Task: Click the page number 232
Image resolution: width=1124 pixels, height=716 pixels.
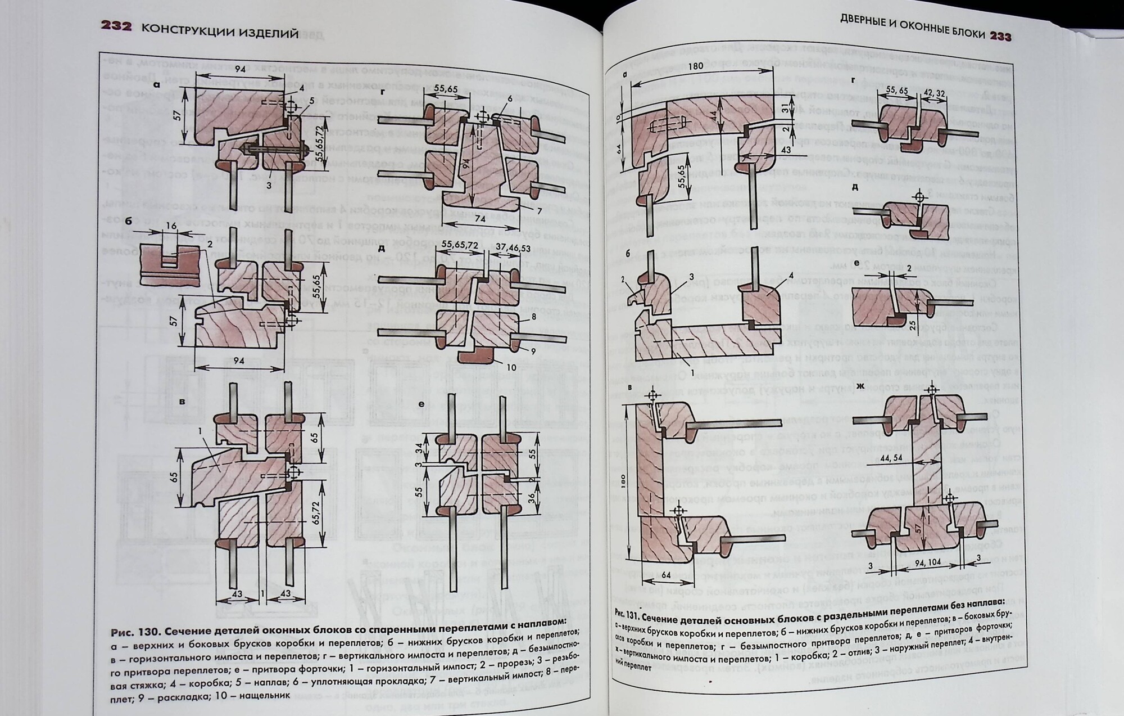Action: click(116, 26)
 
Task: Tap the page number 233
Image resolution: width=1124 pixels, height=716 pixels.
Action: click(1001, 36)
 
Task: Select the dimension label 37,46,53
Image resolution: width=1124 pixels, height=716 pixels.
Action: click(513, 247)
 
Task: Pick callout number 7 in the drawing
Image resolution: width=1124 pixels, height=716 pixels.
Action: click(539, 211)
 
